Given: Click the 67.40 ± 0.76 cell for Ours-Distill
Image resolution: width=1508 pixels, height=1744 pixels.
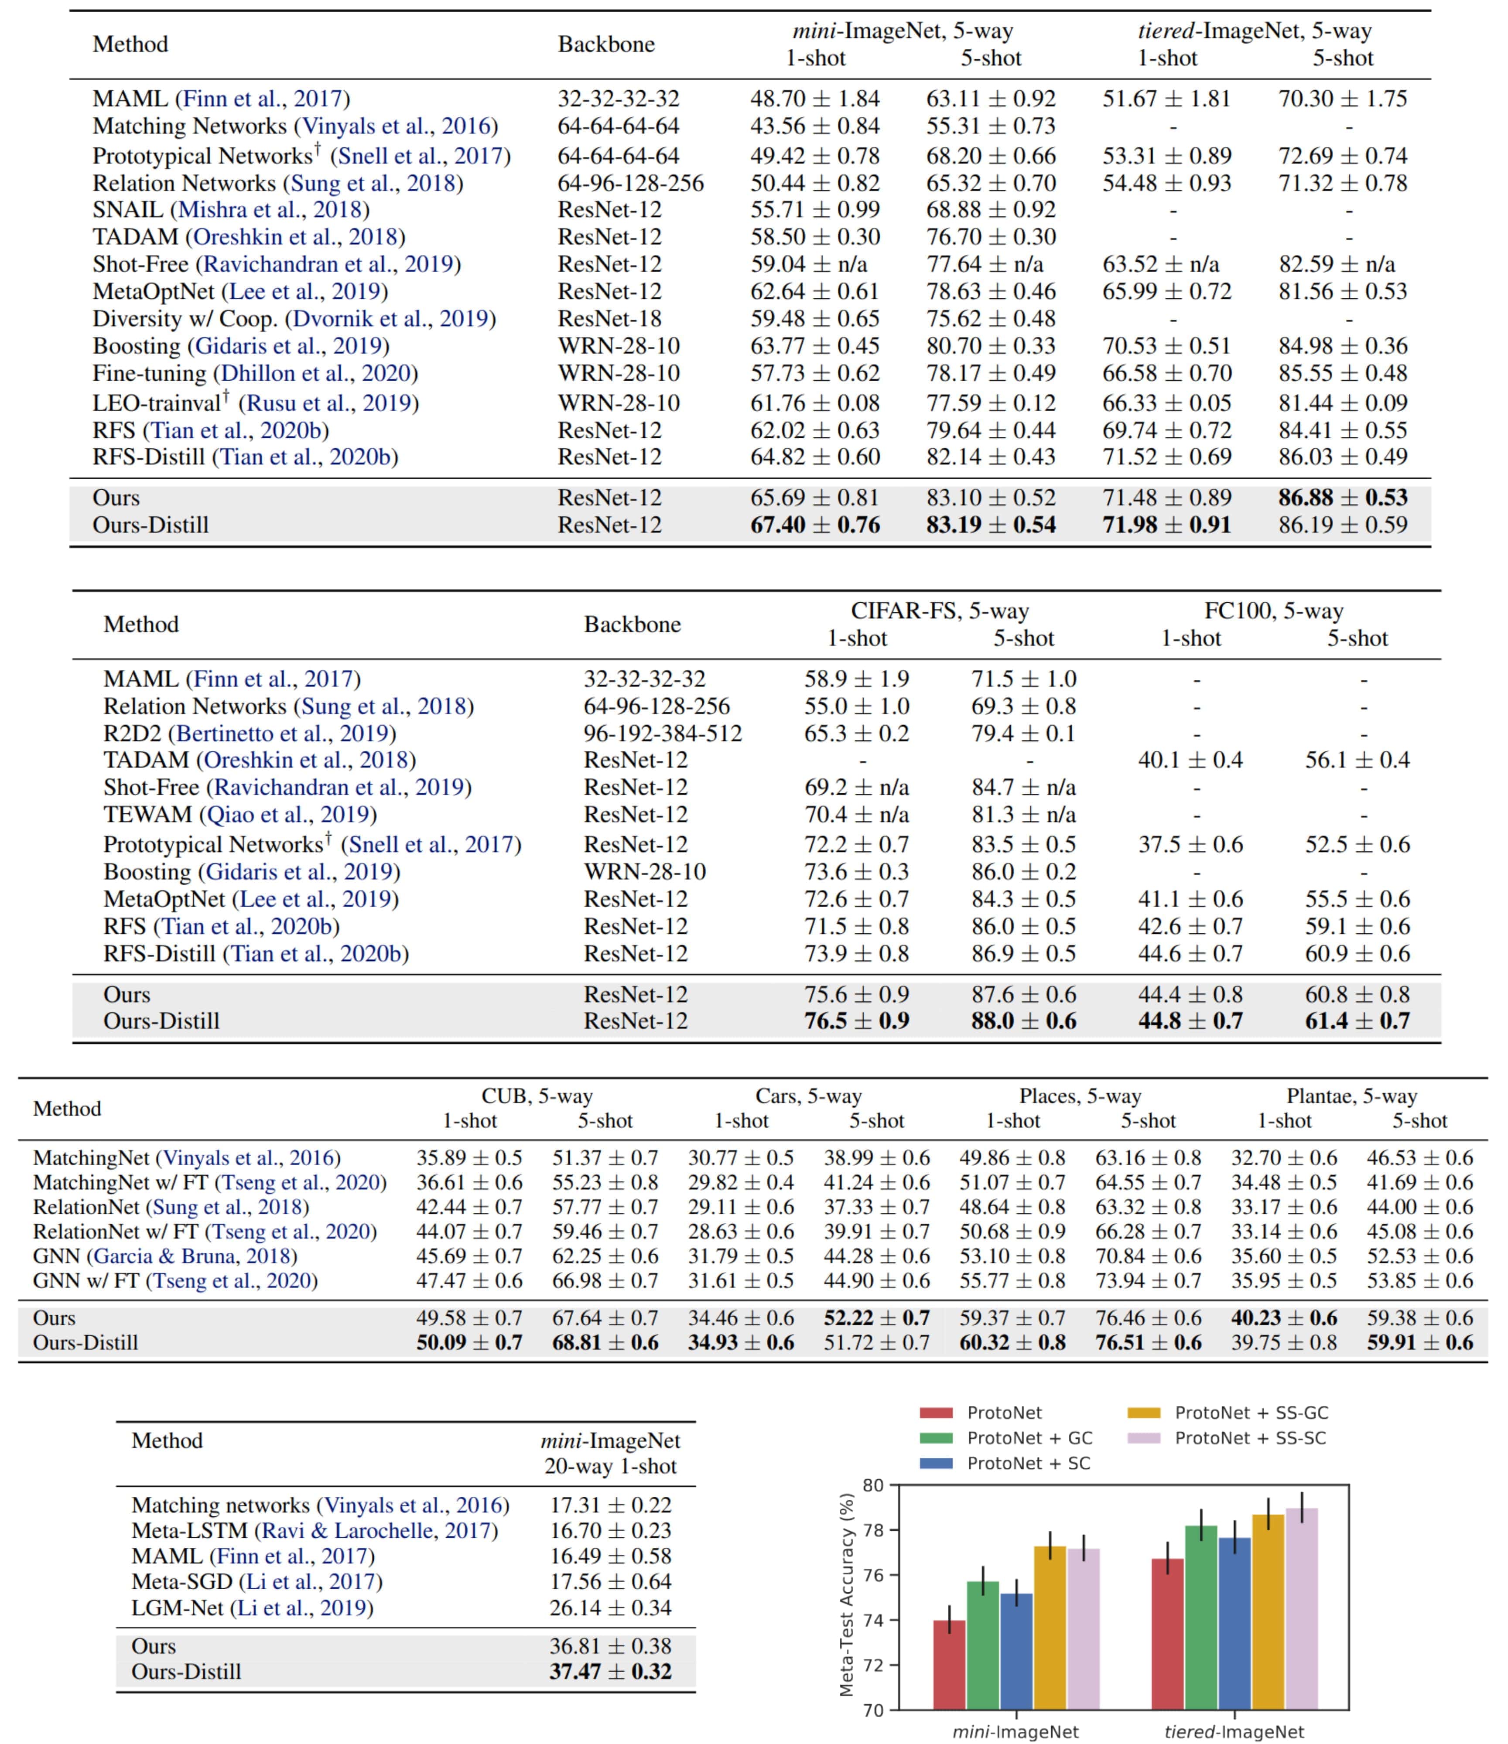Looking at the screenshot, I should point(814,525).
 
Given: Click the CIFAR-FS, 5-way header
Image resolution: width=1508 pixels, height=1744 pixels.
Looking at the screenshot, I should point(940,611).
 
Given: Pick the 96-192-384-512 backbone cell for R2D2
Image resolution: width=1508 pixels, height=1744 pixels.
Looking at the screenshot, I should point(663,733).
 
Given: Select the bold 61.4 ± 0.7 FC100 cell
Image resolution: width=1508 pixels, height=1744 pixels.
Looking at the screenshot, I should point(1357,1021).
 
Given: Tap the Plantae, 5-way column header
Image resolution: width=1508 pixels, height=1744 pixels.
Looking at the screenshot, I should point(1351,1096).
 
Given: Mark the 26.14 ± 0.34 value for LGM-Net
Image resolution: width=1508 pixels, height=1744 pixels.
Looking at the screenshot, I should point(610,1607).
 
